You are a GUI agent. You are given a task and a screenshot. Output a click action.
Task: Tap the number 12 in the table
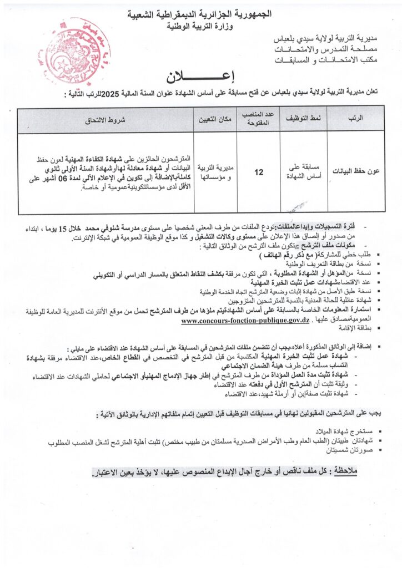point(259,173)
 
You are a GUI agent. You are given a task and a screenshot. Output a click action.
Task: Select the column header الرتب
point(358,119)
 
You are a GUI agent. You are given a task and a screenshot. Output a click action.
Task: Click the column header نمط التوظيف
point(304,119)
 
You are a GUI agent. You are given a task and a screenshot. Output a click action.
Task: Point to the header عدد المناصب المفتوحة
point(259,119)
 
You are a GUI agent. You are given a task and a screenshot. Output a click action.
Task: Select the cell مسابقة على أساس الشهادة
point(304,172)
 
